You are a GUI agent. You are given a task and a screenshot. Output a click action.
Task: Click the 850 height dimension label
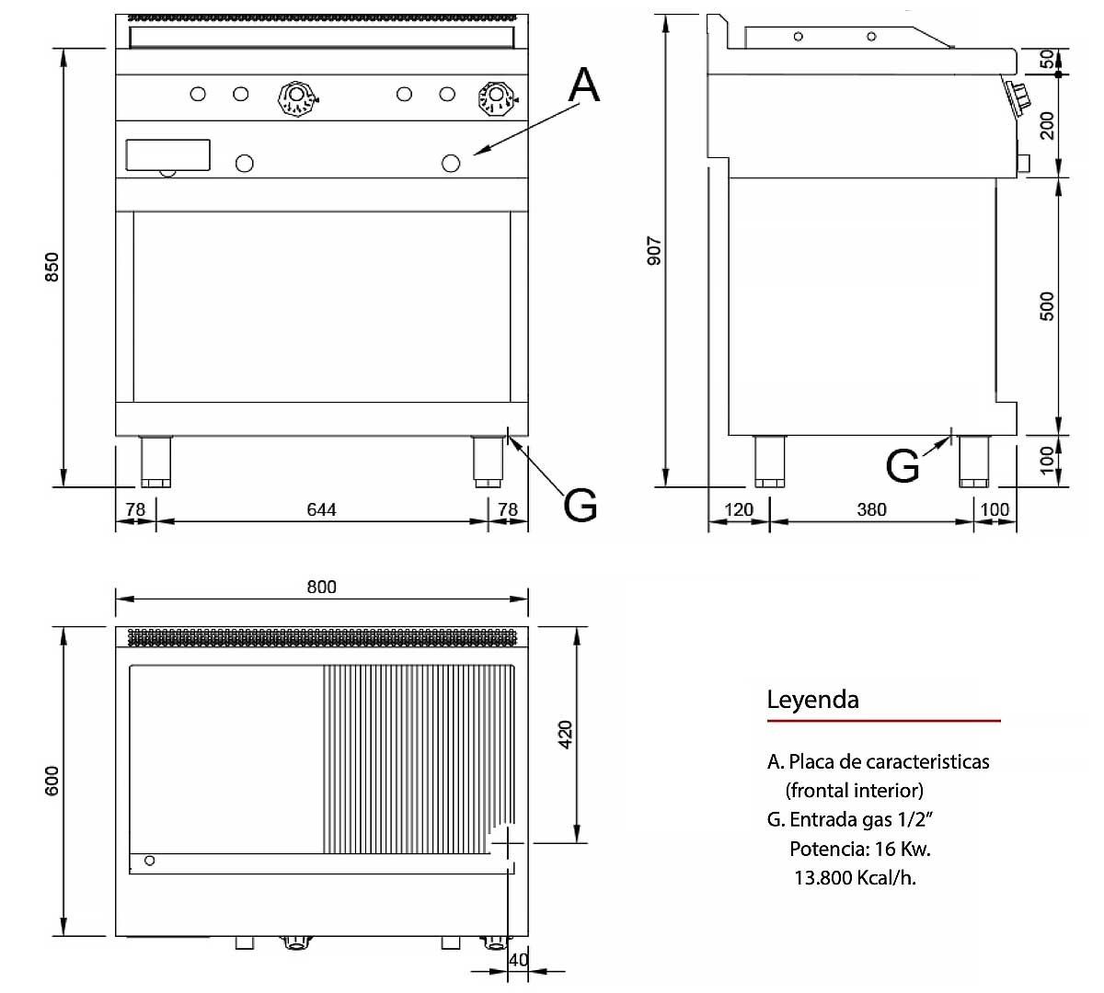(52, 268)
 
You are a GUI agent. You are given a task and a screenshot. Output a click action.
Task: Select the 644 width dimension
(321, 510)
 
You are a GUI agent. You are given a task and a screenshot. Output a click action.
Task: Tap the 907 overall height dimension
(654, 251)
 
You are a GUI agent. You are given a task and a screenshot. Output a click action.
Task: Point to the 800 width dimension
(321, 587)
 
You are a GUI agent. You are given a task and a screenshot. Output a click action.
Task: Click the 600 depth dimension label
(52, 781)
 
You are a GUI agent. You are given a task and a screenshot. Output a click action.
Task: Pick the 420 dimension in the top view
(565, 735)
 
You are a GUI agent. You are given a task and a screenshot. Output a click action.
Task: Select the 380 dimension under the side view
(872, 510)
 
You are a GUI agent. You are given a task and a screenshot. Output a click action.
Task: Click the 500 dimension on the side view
(1047, 306)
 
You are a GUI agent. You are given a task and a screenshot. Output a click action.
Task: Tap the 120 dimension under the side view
(739, 510)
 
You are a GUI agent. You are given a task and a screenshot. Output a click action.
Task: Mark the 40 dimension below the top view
(519, 960)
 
